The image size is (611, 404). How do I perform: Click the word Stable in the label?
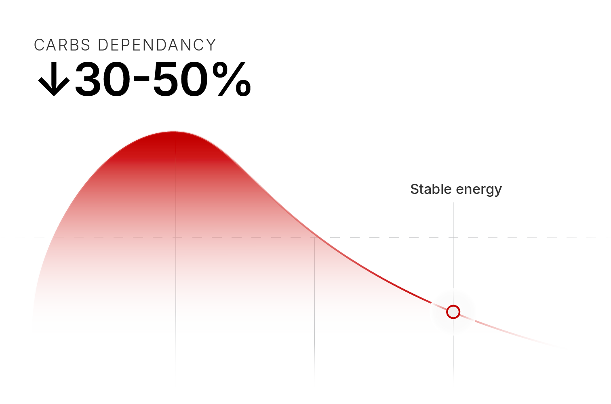tap(431, 189)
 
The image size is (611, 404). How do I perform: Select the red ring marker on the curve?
tap(453, 312)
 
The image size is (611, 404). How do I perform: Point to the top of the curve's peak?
tap(173, 132)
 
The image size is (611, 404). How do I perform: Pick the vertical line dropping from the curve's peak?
tap(176, 242)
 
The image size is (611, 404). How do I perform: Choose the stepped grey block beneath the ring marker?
tap(485, 360)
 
